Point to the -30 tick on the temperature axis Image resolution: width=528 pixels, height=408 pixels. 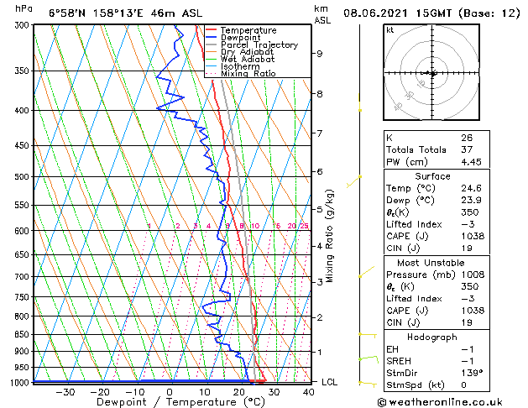65,391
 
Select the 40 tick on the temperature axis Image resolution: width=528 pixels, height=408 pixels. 309,391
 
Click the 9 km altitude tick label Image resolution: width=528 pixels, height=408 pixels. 320,54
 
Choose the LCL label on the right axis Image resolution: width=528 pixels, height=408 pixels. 330,382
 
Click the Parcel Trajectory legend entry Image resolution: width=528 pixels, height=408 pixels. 259,44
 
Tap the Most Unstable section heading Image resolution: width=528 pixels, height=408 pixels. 432,262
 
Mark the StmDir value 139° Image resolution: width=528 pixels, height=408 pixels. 471,373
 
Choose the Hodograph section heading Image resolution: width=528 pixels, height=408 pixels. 432,337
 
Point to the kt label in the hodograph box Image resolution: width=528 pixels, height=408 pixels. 389,30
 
